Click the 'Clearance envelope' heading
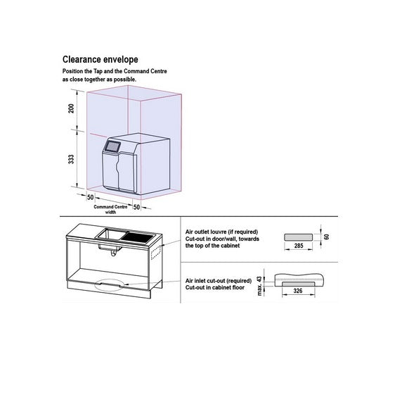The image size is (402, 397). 100,60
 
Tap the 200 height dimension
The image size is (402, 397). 71,108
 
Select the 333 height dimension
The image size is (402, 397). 71,159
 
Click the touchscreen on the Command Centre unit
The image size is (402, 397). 112,146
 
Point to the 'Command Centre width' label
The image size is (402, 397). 110,209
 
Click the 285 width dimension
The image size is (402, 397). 299,246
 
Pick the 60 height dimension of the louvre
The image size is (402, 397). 327,237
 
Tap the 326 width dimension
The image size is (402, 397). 298,291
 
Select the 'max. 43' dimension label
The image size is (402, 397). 260,286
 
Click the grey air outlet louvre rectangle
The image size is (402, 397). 299,237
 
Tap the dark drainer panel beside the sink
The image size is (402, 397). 138,237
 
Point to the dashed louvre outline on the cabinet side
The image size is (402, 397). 155,253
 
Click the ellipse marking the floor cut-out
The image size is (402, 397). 110,285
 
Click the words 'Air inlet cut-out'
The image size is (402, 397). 206,281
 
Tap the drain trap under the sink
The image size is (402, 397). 113,253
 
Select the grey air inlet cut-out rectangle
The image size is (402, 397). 299,284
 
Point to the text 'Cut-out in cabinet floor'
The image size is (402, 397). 215,288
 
